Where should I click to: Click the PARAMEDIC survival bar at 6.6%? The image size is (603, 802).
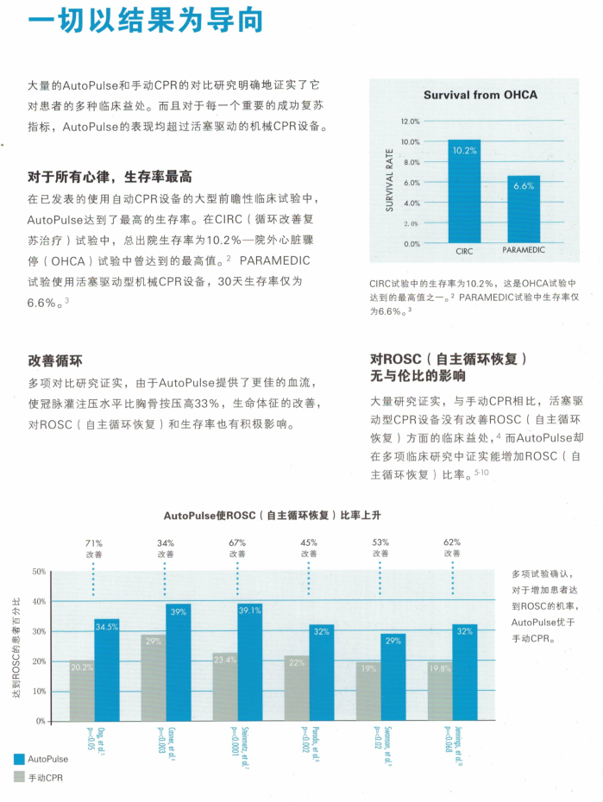coord(523,210)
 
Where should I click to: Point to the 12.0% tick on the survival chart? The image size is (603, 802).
coord(410,122)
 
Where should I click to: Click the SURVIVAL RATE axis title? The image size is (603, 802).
coord(389,182)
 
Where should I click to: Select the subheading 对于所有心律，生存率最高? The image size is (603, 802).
coord(110,176)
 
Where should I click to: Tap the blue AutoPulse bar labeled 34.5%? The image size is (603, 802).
coord(107,670)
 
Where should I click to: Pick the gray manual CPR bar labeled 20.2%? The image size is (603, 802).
coord(82,691)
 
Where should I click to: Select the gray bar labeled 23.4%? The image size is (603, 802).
coord(225,686)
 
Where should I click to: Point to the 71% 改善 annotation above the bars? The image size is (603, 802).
coord(93,548)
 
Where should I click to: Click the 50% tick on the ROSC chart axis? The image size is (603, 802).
coord(40,572)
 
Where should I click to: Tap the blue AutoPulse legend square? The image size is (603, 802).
coord(19,759)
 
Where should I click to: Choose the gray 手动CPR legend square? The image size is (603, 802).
coord(19,777)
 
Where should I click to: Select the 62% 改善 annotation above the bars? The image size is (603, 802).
coord(452,548)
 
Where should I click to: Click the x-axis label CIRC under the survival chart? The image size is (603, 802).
coord(464,251)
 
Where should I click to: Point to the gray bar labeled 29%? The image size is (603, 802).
coord(154,678)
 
